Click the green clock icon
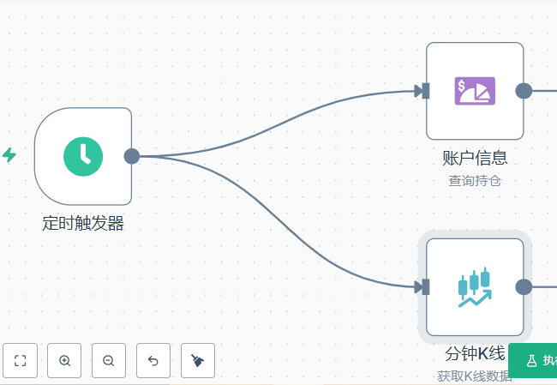pos(83,155)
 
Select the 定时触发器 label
pos(83,224)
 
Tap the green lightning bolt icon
pos(9,155)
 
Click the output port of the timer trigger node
pos(131,156)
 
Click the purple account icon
pos(475,90)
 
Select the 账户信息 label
pos(475,158)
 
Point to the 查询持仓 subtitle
pos(474,180)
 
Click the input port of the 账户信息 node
pos(423,91)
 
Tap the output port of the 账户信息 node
pos(524,91)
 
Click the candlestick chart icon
pos(475,286)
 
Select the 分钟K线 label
pos(475,353)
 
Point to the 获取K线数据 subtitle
pos(474,376)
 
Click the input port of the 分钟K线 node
pos(423,287)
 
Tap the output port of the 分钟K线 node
pos(524,287)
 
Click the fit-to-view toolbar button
pos(20,361)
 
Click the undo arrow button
pos(153,361)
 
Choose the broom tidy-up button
pos(198,361)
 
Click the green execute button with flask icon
pos(535,361)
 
